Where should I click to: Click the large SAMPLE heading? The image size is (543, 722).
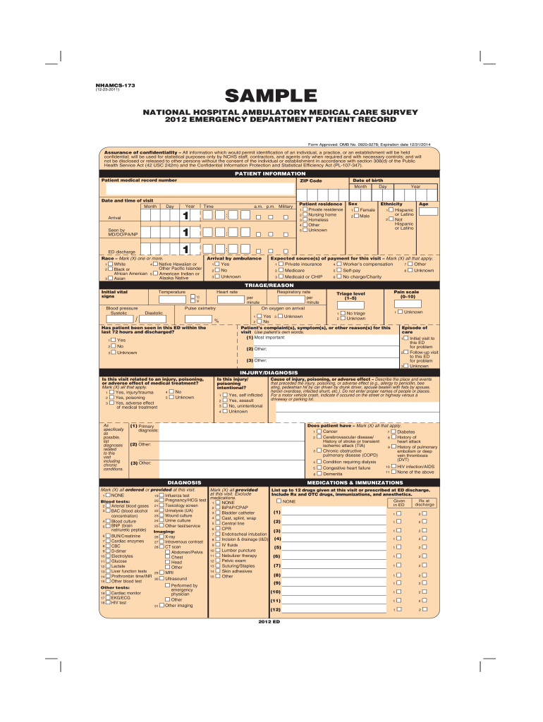[271, 95]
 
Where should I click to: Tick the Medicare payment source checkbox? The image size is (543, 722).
[281, 270]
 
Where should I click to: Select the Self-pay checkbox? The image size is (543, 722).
[339, 270]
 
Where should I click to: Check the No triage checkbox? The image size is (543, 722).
[343, 313]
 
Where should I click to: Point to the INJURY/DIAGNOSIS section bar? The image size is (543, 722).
[271, 372]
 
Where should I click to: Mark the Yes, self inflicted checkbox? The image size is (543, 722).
[225, 396]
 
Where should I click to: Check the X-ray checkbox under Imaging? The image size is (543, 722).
[161, 537]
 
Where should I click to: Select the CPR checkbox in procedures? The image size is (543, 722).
[218, 529]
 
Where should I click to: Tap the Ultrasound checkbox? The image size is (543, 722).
[161, 578]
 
